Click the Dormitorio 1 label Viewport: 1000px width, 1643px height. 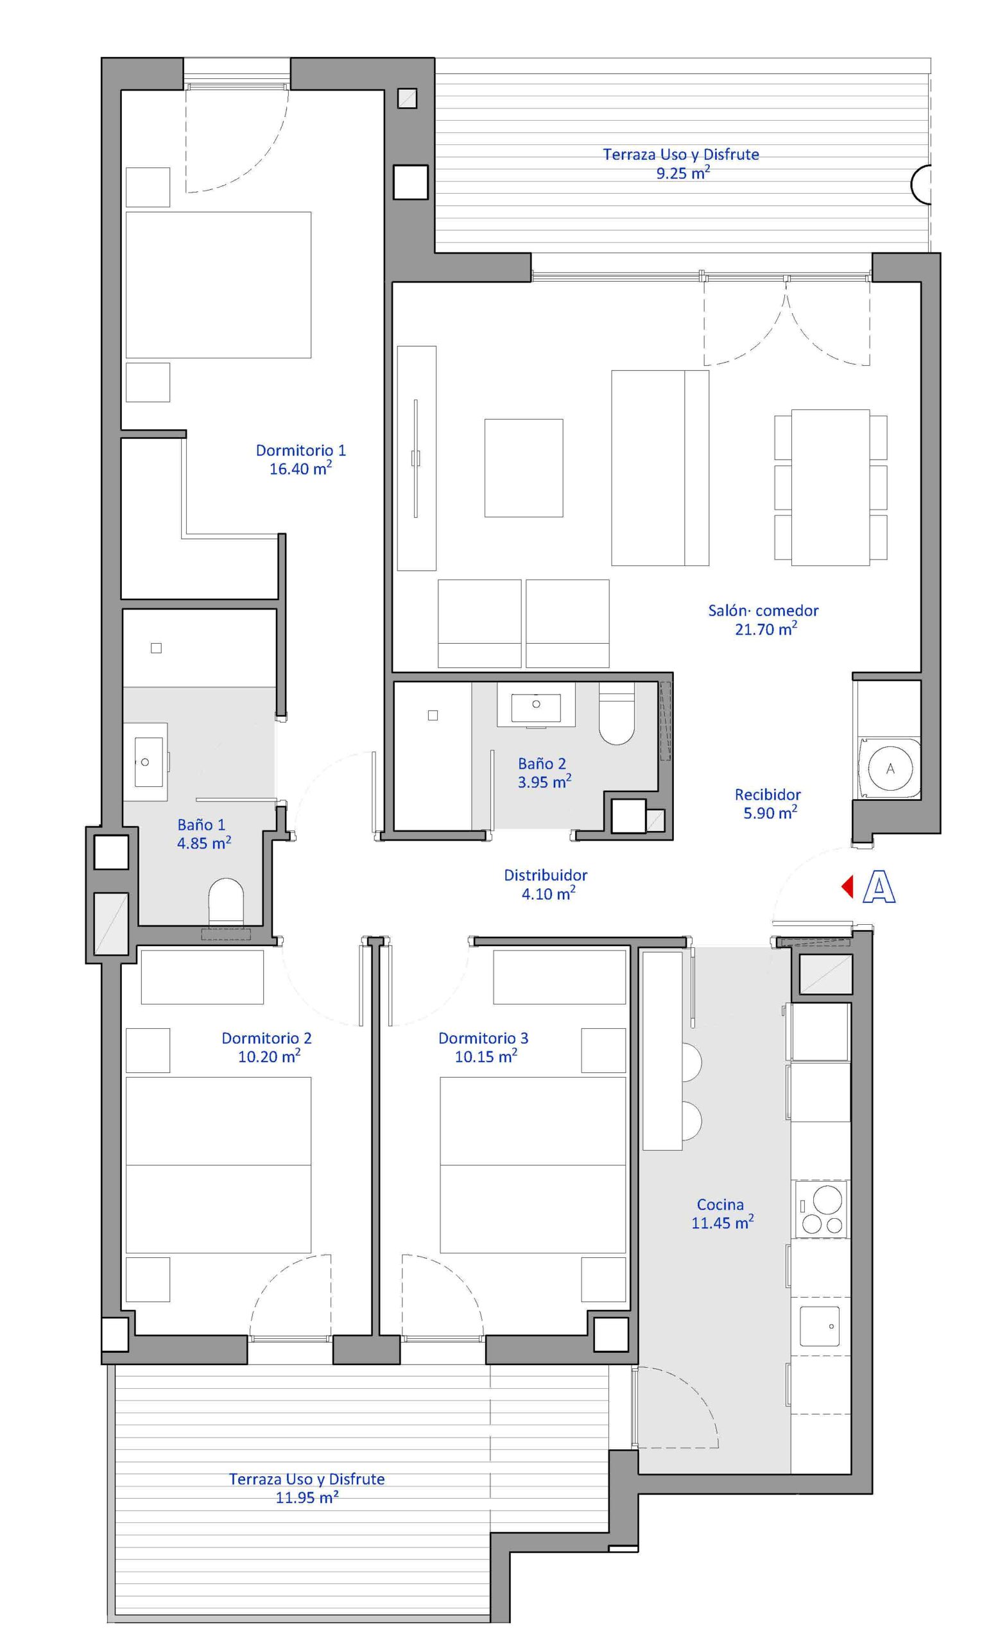(x=300, y=450)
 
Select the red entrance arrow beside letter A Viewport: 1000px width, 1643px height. (x=847, y=887)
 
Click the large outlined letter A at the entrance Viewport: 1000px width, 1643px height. (x=879, y=888)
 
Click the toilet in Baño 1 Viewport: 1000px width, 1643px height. (x=226, y=902)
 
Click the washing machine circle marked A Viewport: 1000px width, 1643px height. (x=890, y=768)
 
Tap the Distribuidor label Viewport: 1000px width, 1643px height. (x=546, y=875)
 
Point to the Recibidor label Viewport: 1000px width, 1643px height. (x=768, y=794)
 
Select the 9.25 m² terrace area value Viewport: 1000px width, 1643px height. (x=683, y=173)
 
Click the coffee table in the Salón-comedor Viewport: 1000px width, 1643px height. (x=523, y=467)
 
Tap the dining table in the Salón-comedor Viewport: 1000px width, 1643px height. (x=830, y=486)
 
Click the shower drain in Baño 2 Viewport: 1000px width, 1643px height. (x=433, y=715)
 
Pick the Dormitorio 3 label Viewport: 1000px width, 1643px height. (x=483, y=1038)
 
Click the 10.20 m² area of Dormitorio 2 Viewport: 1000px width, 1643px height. (x=269, y=1056)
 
